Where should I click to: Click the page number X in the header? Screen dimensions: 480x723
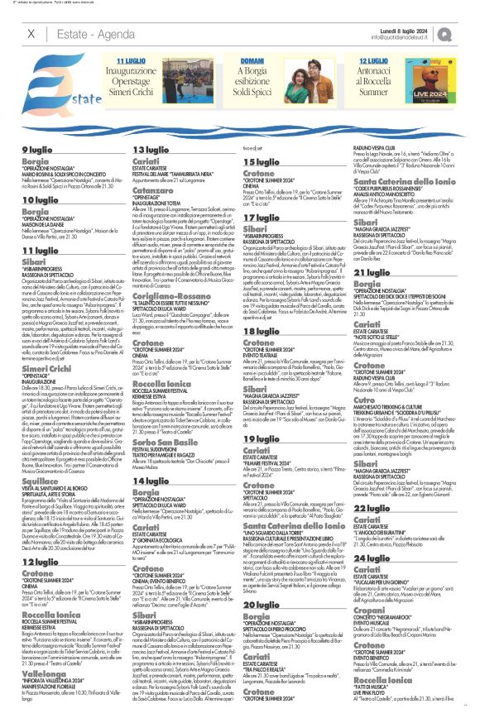[31, 33]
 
